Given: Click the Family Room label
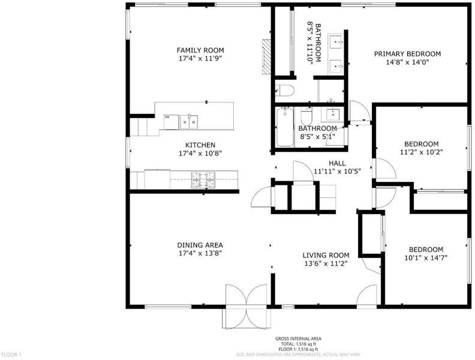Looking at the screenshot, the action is [200, 50].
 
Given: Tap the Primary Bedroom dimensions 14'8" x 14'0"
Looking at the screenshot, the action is [407, 62].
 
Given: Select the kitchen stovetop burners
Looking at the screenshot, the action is [203, 179].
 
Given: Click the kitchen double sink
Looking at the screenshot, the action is [189, 122].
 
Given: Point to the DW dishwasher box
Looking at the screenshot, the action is [171, 122].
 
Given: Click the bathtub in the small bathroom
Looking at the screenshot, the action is [285, 127].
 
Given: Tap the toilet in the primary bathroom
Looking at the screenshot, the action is [284, 91].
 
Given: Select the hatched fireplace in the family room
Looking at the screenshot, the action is [266, 56].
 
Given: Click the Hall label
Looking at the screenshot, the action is [337, 163].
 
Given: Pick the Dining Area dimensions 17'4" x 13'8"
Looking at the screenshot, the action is [200, 253].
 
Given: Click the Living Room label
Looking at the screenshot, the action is [326, 255].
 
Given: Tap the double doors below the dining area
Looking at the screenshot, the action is [246, 307].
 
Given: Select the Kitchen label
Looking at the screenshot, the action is [200, 145].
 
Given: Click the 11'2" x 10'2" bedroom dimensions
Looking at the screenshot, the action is [422, 152].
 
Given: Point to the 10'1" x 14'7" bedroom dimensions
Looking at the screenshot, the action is [426, 258].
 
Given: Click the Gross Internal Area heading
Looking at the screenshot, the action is [298, 339].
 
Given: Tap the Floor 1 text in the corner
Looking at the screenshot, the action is [11, 354].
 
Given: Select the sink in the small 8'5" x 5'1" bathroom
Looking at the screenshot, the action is [333, 114].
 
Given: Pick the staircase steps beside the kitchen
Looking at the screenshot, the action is [142, 127].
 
